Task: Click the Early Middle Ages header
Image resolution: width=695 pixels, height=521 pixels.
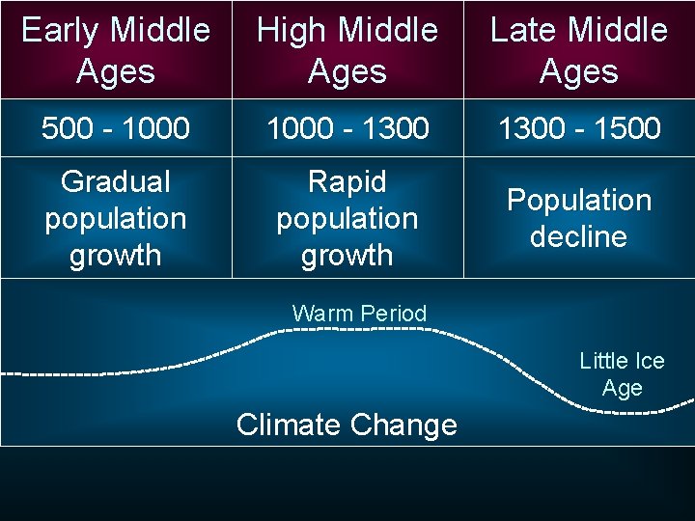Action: (116, 50)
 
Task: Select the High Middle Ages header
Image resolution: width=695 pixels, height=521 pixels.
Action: (347, 50)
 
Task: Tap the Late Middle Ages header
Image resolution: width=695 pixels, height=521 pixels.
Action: (579, 50)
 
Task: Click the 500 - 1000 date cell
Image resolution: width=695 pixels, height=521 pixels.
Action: (116, 128)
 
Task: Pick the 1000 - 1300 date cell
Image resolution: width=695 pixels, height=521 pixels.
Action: (347, 128)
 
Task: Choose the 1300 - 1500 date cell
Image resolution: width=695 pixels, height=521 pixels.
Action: (579, 128)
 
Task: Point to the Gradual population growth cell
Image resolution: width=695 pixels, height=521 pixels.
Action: (116, 218)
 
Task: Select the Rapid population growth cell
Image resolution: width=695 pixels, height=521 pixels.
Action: (347, 218)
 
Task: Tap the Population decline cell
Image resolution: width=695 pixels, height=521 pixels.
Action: (579, 218)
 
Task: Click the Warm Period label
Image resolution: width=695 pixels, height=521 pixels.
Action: (359, 314)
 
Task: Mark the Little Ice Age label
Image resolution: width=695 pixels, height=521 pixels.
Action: (622, 374)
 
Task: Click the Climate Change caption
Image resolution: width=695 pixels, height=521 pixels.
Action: (347, 425)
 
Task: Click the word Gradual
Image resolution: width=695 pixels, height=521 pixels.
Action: (116, 181)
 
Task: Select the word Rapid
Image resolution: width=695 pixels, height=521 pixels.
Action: (347, 181)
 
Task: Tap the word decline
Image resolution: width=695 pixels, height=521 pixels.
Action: (579, 236)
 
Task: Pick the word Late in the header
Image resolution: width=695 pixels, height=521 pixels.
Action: (522, 30)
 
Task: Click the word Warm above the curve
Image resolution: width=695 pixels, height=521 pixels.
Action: (322, 314)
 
